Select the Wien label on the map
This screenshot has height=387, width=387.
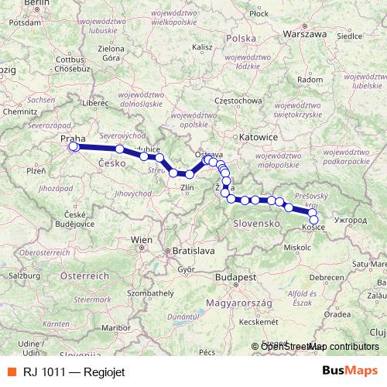(142, 241)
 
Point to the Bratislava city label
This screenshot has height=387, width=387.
(193, 252)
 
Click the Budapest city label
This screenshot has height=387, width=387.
(241, 276)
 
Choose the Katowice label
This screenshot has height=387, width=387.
(259, 136)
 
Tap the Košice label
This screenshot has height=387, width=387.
(313, 228)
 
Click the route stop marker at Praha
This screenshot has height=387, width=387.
(74, 146)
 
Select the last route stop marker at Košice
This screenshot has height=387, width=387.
(313, 219)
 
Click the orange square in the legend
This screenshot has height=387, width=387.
(11, 370)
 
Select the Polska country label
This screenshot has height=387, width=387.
(241, 38)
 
